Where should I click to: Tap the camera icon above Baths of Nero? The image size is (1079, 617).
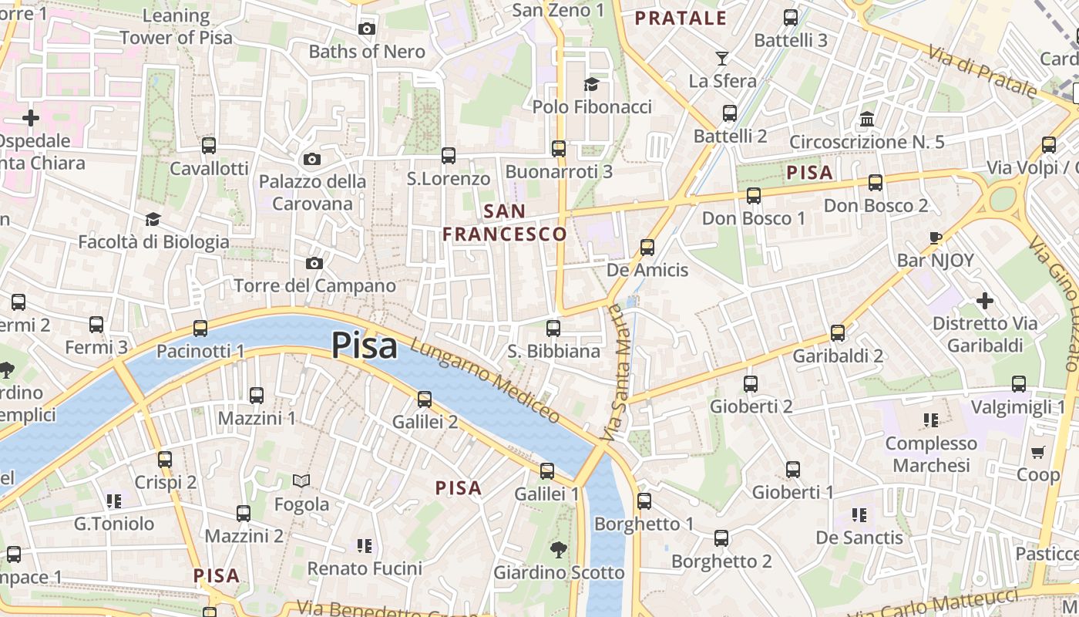[x=367, y=29]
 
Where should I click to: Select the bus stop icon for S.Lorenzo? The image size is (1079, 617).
[x=449, y=156]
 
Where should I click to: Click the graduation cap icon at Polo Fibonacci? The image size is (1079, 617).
[x=591, y=84]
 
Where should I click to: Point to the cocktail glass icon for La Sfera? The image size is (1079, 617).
[x=722, y=58]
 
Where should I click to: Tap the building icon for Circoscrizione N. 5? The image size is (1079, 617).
[x=867, y=120]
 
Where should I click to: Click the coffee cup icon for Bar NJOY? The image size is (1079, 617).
[x=936, y=238]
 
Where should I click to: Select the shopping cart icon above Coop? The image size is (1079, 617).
[x=1038, y=452]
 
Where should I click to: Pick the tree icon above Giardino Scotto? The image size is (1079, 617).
[x=559, y=550]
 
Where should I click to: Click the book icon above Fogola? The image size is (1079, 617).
[x=301, y=481]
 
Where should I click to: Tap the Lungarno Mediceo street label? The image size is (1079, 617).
[x=485, y=381]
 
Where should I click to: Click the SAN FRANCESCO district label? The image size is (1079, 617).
[x=505, y=222]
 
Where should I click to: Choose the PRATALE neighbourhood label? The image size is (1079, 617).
[x=681, y=19]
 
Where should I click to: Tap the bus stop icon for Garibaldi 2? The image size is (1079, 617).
[x=838, y=333]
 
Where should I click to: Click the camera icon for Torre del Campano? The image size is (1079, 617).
[x=314, y=263]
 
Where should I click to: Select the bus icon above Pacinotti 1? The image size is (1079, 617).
[x=200, y=329]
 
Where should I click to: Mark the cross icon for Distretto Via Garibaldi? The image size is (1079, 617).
[x=985, y=300]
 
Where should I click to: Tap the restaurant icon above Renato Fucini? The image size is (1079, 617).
[x=365, y=546]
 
